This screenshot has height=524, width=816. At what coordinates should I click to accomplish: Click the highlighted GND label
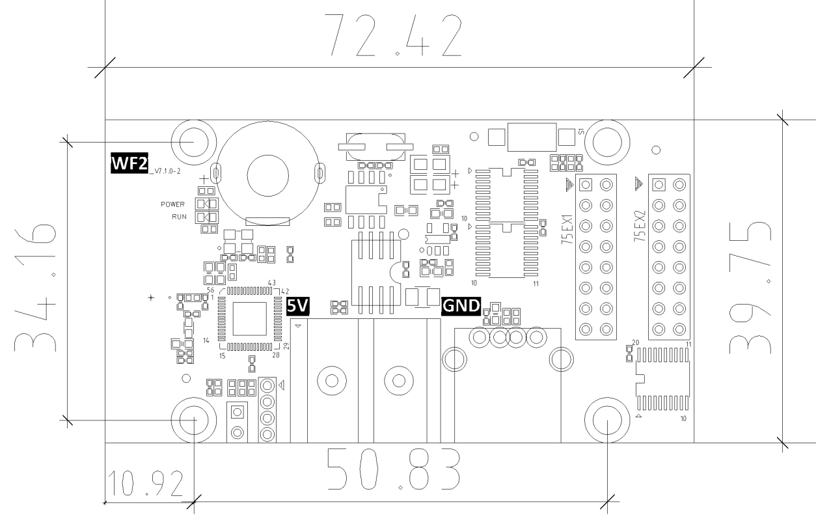(461, 305)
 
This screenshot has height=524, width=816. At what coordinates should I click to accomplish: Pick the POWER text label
(174, 204)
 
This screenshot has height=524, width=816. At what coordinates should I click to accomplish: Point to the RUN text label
(180, 217)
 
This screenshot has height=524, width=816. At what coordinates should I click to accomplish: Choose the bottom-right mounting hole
(606, 419)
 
